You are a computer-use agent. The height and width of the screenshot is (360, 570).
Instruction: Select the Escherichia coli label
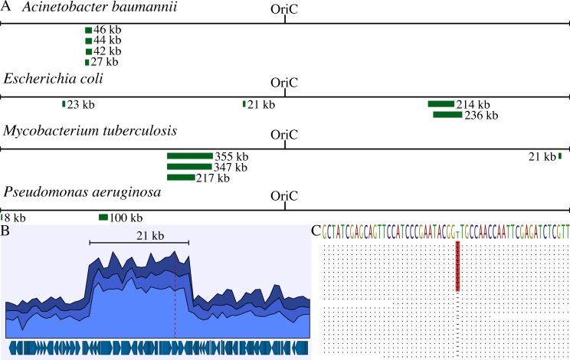tap(54, 79)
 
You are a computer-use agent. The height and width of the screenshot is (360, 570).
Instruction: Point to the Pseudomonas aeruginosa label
tap(83, 192)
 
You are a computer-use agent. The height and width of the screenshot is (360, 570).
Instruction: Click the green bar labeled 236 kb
tap(447, 115)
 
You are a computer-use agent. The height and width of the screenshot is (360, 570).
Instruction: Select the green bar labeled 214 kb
tap(441, 104)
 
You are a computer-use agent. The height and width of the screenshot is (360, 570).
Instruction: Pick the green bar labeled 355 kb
tap(189, 156)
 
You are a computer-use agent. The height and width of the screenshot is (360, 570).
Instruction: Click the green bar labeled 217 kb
tap(181, 178)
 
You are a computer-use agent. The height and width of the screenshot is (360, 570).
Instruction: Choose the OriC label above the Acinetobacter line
tap(285, 10)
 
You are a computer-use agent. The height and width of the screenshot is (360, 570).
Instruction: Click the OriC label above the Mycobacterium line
tap(285, 134)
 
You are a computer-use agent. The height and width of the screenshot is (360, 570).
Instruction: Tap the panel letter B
tap(5, 229)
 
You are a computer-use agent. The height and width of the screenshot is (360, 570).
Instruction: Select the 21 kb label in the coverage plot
tap(139, 234)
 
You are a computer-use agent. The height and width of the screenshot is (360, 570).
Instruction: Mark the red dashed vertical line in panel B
tap(175, 306)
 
